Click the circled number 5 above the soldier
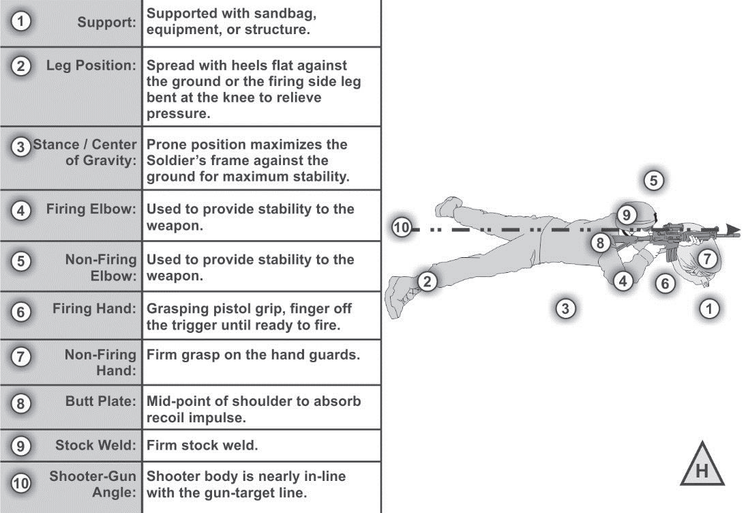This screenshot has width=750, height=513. coord(653,181)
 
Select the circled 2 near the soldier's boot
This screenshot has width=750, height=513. coord(427,281)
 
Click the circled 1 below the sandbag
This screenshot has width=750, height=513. coord(710,309)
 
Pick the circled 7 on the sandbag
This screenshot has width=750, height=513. coord(707,259)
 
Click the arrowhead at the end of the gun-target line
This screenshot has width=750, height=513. coord(734,230)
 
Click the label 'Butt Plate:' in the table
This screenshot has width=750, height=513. coord(101,401)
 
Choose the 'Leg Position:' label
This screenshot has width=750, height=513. coord(91,65)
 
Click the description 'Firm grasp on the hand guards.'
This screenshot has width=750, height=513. coord(253,355)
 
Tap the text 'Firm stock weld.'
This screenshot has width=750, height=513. coord(202,445)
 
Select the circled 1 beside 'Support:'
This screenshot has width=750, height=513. coord(21,22)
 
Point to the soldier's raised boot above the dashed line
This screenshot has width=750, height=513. coord(450,205)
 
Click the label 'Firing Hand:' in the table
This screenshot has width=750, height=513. coord(95,309)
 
